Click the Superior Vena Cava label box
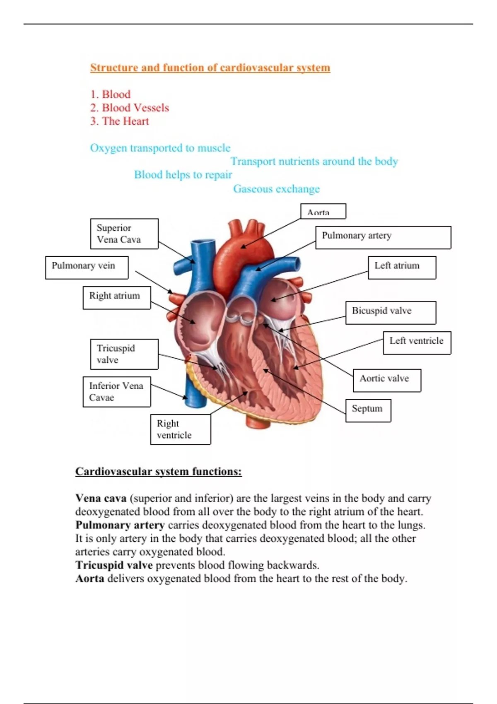[124, 234]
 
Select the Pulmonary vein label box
[87, 267]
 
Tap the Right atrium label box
[116, 297]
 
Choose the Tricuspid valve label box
[124, 354]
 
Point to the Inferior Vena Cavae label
[116, 392]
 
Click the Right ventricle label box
[180, 429]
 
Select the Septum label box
[368, 410]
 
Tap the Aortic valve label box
[387, 380]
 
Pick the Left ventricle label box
[417, 342]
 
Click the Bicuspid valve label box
[391, 312]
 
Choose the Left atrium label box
[402, 267]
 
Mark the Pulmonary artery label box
[383, 237]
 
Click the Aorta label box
[323, 212]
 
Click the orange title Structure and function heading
[210, 68]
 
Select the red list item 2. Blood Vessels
[130, 108]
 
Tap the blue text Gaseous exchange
[276, 189]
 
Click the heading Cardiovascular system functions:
[158, 471]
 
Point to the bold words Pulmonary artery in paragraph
[120, 525]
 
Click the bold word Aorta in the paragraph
[89, 579]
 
